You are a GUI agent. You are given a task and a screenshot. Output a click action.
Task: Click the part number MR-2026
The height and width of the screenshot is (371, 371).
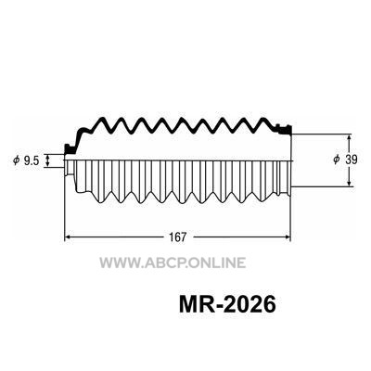tap(227, 305)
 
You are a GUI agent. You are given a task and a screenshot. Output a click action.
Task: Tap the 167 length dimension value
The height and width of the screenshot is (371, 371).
tap(178, 237)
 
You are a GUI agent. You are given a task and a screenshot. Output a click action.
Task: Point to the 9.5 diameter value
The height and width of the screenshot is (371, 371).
tap(32, 160)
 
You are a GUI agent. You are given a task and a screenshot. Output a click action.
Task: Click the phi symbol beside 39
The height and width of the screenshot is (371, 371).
tap(336, 160)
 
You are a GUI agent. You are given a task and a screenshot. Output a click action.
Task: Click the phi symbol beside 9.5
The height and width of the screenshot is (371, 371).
tap(16, 160)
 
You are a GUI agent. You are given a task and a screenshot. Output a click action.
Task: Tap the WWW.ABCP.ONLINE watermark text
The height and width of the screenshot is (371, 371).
tap(173, 262)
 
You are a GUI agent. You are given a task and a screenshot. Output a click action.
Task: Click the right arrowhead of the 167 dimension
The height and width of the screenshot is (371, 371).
tap(288, 237)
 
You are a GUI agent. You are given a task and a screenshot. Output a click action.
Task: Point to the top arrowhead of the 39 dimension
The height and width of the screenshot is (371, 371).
tap(349, 137)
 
